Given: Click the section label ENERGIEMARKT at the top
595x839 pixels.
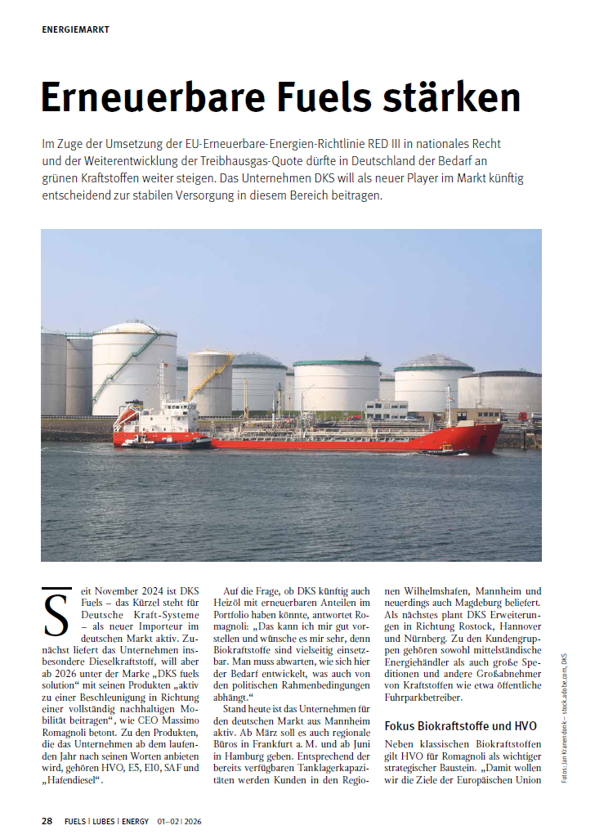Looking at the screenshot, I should (x=75, y=29).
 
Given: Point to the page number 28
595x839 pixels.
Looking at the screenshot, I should (x=47, y=820).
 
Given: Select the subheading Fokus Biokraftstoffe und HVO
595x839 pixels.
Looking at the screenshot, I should (x=461, y=725).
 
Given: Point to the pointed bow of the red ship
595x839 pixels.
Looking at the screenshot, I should (x=495, y=437).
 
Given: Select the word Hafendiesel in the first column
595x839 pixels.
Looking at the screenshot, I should (x=75, y=781).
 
